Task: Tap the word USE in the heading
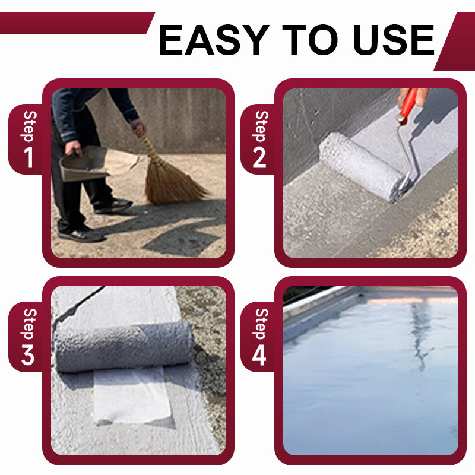[x=394, y=40]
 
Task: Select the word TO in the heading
[x=309, y=40]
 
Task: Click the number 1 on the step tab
[x=29, y=157]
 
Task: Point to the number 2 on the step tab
[x=259, y=157]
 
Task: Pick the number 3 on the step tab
[x=28, y=354]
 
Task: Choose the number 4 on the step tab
[x=259, y=355]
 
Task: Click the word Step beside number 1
[x=29, y=126]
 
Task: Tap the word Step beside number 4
[x=260, y=324]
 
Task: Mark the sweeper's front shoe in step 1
[x=82, y=235]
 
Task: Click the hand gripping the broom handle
[x=139, y=127]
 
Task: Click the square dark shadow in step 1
[x=181, y=241]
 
